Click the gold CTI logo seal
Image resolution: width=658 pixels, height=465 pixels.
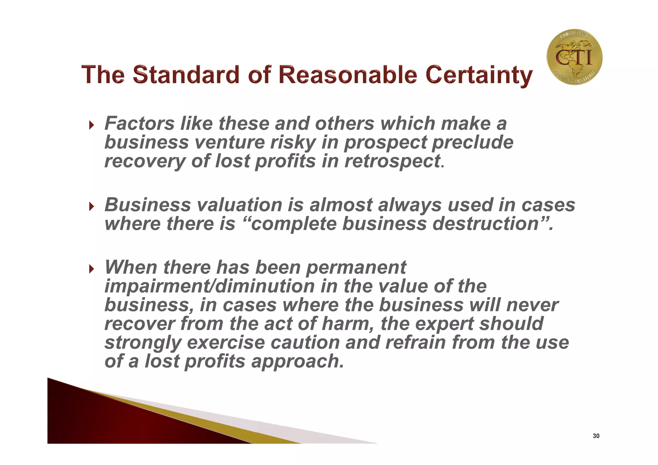point(574,57)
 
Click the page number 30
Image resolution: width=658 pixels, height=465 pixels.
point(596,436)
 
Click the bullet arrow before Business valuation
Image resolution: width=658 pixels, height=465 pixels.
point(92,206)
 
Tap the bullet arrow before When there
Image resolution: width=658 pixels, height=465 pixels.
point(92,268)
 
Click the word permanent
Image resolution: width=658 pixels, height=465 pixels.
point(356,267)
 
